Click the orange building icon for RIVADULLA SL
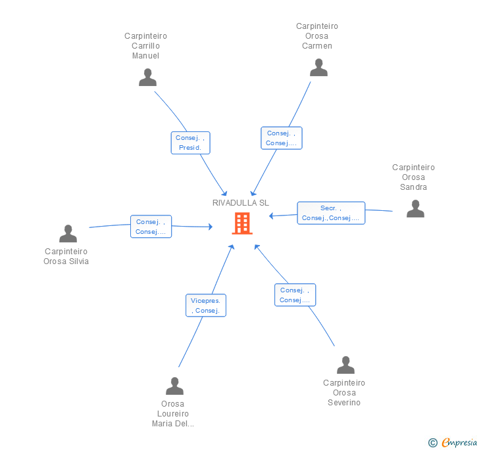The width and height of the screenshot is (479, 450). coord(242,223)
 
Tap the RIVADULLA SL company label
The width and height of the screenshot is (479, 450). coord(241,203)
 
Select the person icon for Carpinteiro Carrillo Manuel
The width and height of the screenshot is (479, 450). coord(147,77)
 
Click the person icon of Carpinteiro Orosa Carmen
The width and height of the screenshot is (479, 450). coord(318,68)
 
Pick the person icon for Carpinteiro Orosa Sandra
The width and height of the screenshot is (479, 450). coord(415,209)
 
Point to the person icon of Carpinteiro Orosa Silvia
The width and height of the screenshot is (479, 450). coord(68,233)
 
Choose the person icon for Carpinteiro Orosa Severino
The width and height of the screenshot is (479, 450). coord(345,365)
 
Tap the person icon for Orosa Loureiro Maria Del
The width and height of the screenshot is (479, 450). coord(174,386)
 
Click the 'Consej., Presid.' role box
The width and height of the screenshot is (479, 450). coord(191,143)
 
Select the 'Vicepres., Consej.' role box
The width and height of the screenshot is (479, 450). coord(206,305)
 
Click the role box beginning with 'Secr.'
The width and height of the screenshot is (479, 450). coord(331,213)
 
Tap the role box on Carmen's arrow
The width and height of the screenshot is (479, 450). coord(281,138)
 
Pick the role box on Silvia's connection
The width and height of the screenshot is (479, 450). coord(151,227)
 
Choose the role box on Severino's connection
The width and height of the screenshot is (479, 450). coord(295,295)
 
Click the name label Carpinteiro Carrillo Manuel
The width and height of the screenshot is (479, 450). coord(145,46)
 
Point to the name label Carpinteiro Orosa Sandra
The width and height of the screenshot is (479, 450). coord(413,177)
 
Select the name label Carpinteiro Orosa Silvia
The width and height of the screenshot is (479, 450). coord(66,256)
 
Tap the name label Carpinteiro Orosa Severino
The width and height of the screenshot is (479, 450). coord(344,393)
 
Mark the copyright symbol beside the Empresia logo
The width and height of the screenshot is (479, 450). coord(433,443)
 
